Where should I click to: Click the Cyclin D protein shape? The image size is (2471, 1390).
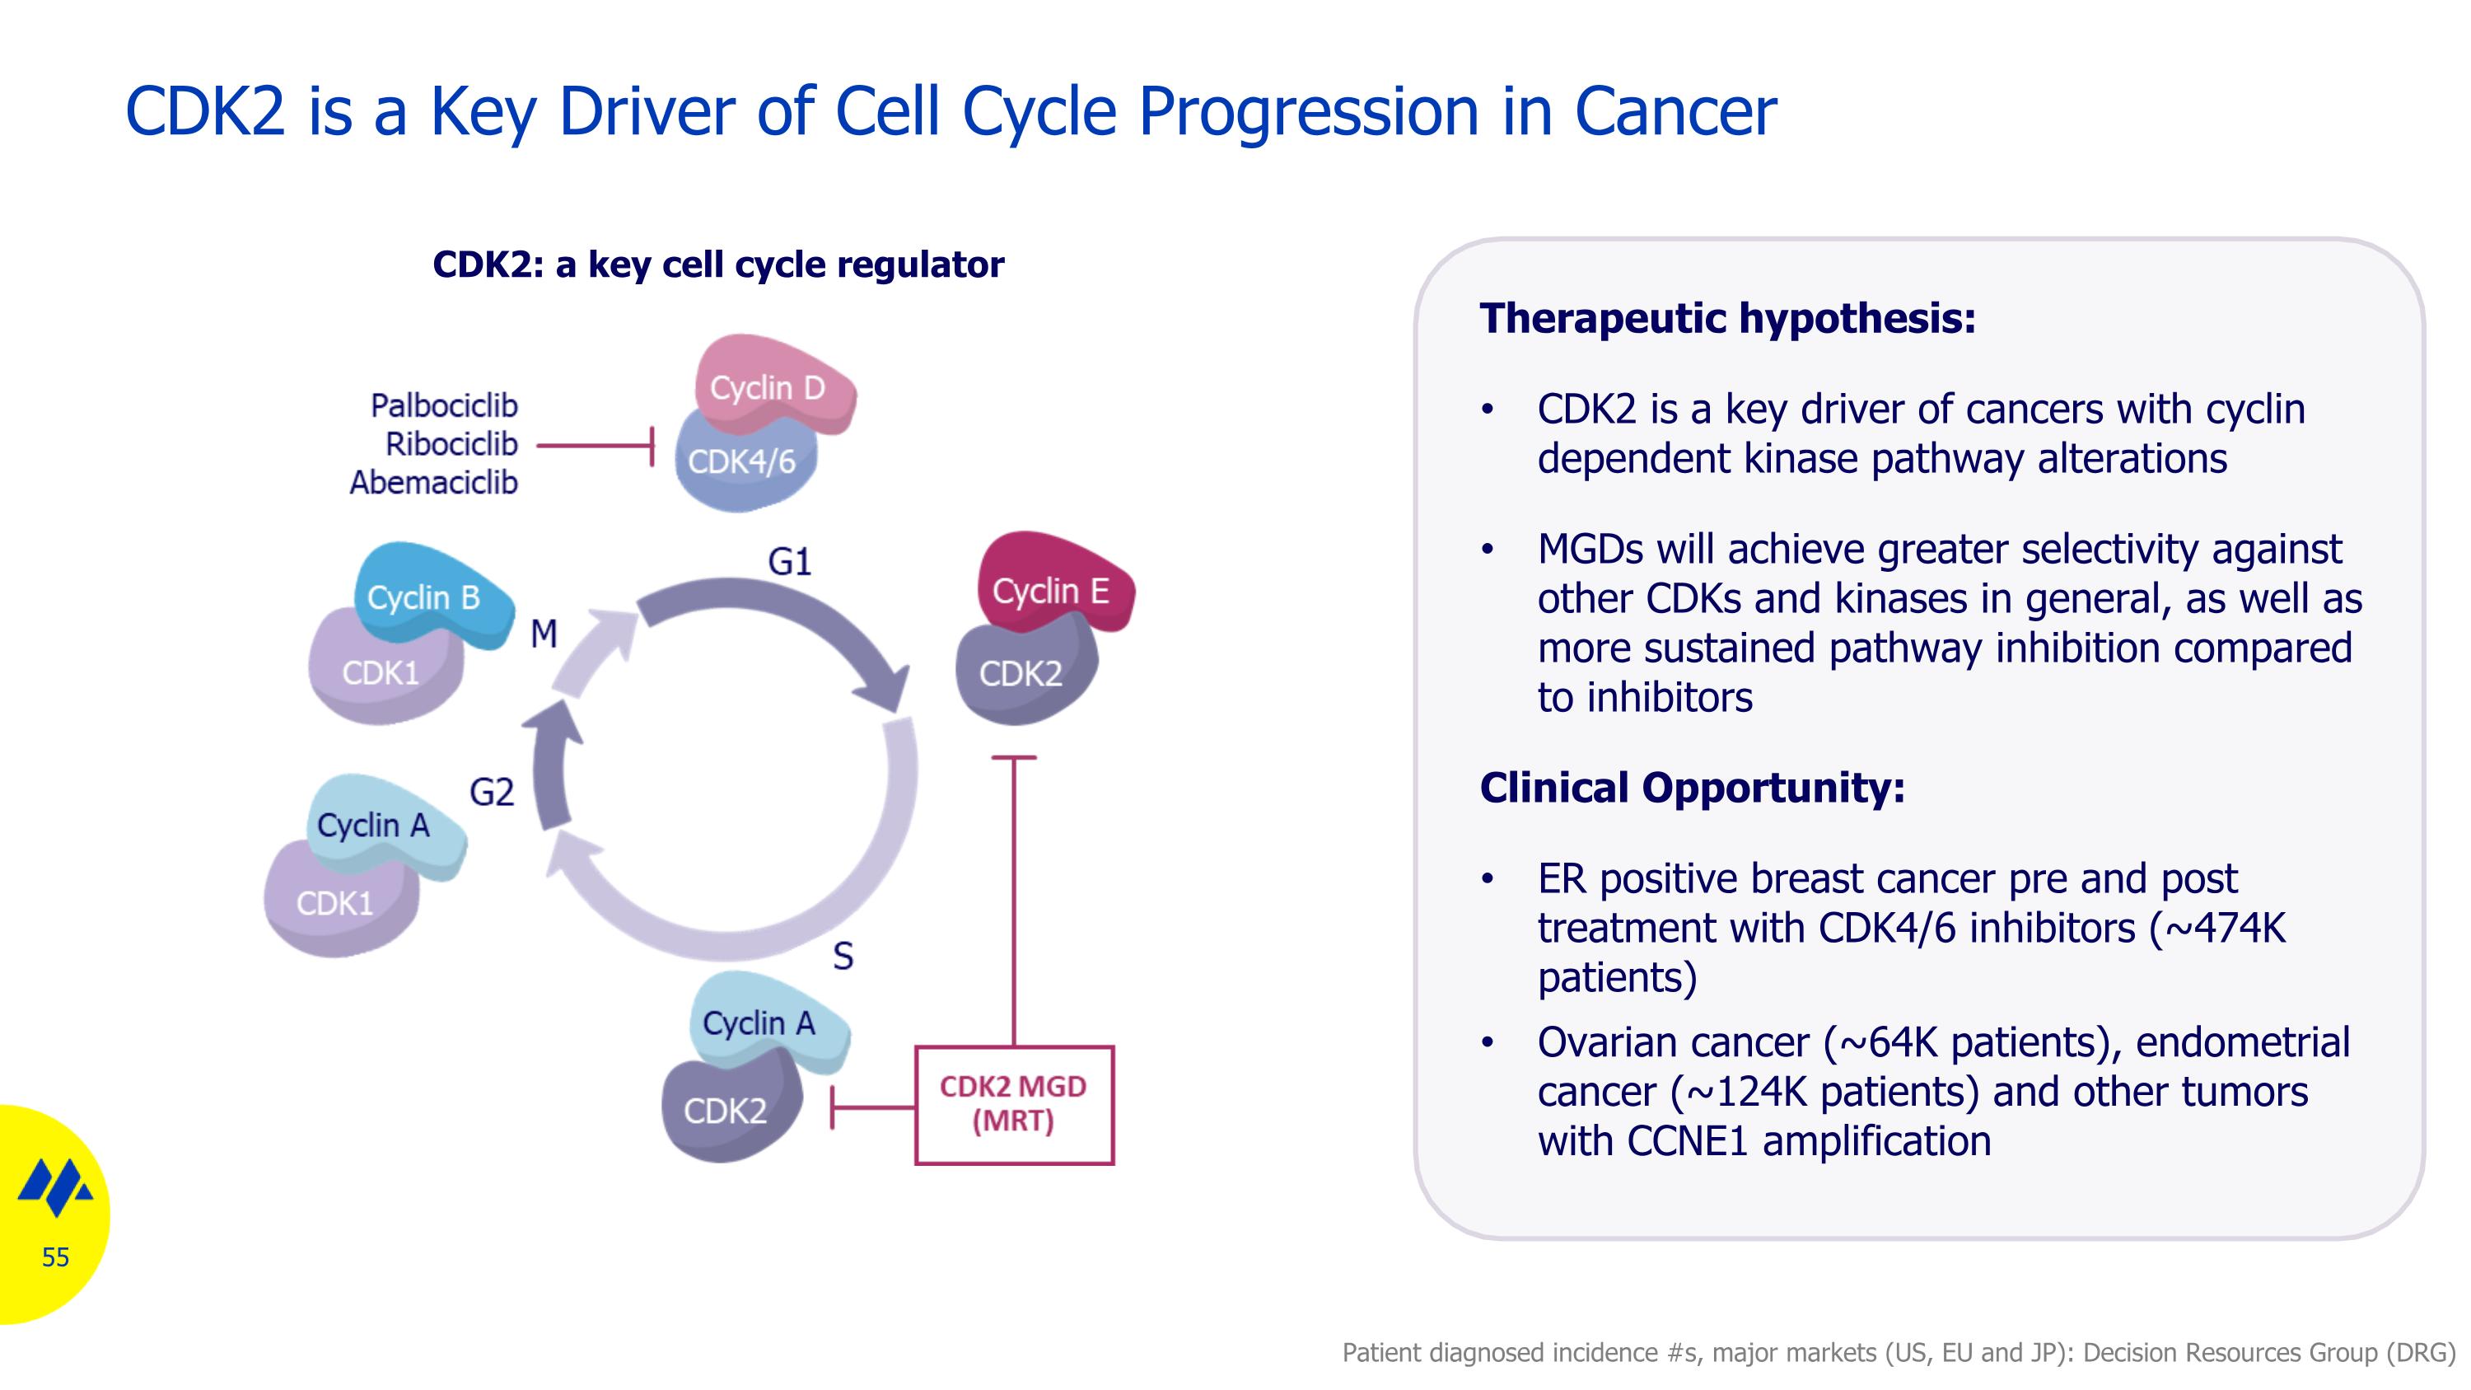(x=773, y=385)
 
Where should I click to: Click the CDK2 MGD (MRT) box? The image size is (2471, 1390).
(x=1014, y=1105)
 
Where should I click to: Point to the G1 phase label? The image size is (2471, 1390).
(x=789, y=561)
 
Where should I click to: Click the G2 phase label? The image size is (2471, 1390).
(x=491, y=792)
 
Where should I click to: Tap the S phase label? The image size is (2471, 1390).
(x=843, y=956)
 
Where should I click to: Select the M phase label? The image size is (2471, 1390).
(x=544, y=633)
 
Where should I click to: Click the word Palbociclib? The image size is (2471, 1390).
(x=444, y=405)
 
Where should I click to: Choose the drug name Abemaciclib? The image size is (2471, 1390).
(x=433, y=483)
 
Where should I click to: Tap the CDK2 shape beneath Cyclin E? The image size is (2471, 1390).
(x=1025, y=672)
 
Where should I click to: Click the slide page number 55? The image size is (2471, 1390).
(x=56, y=1257)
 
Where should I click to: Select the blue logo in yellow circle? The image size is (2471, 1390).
(x=56, y=1187)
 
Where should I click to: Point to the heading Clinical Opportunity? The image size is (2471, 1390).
(x=1692, y=788)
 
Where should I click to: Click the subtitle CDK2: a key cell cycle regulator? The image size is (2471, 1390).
(x=718, y=264)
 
